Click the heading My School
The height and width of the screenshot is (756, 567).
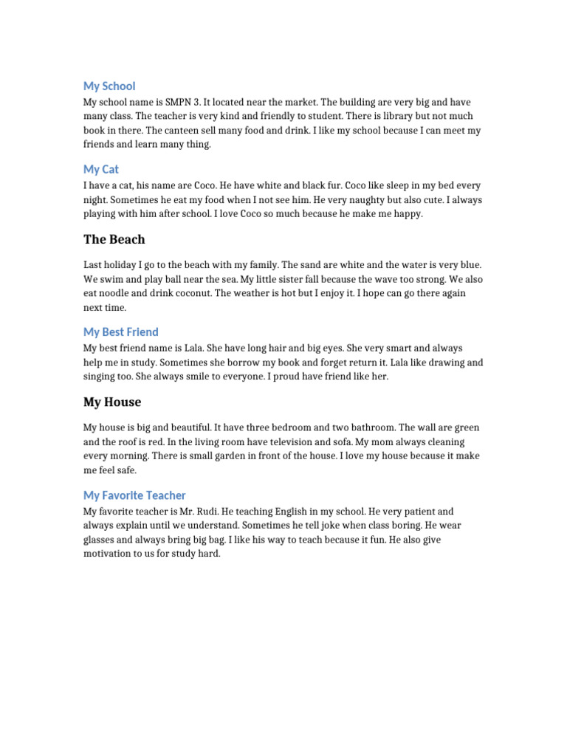[x=109, y=86]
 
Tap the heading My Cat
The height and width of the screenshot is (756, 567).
[x=101, y=170]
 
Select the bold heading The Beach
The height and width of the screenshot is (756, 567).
[x=114, y=239]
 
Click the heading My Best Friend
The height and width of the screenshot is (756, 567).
[x=121, y=332]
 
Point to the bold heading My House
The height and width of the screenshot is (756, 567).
[x=112, y=402]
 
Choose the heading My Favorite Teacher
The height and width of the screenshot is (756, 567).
[x=134, y=495]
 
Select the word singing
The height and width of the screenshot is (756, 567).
[x=102, y=377]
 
